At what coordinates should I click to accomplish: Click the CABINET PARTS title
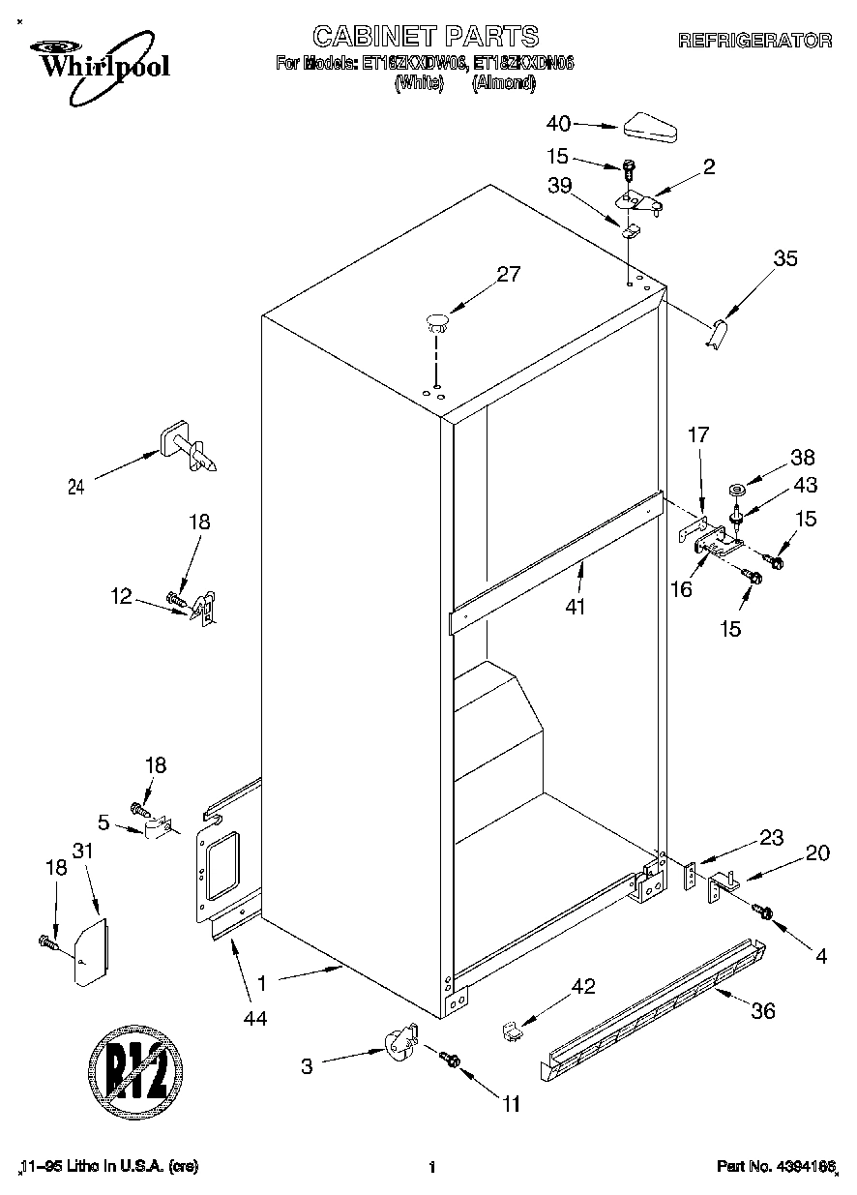point(426,37)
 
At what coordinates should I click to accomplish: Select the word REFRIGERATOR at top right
point(754,41)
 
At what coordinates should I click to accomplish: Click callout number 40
point(558,123)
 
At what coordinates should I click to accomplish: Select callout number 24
point(75,488)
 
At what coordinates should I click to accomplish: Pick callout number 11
point(511,1102)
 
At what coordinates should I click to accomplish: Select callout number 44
point(255,1017)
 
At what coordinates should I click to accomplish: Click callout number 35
point(785,258)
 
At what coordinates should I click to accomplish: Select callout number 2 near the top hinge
point(709,166)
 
